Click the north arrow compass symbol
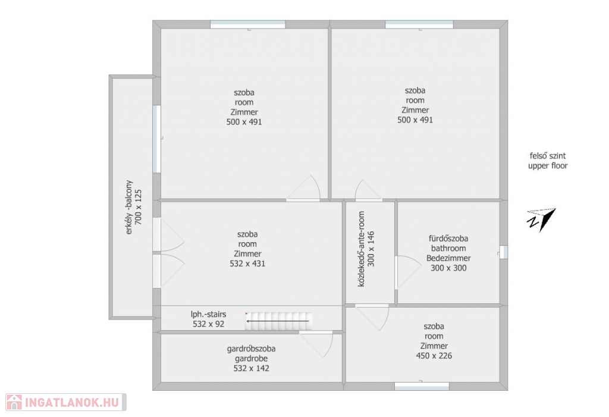(541, 219)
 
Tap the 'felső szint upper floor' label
(548, 161)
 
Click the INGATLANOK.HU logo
(66, 402)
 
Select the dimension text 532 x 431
(247, 264)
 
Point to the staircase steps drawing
(278, 321)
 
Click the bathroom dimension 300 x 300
(448, 268)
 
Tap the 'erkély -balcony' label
(129, 207)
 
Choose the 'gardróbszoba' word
(252, 349)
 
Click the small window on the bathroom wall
(503, 252)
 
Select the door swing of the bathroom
(408, 272)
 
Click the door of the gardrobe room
(316, 344)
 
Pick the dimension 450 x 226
(434, 356)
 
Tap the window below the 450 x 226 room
(422, 386)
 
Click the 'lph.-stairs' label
(208, 314)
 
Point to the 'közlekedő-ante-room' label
(361, 249)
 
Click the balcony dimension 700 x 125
(138, 207)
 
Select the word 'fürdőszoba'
(448, 238)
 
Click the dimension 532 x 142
(252, 368)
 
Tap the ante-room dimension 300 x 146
(371, 249)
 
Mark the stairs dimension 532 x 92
(209, 324)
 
